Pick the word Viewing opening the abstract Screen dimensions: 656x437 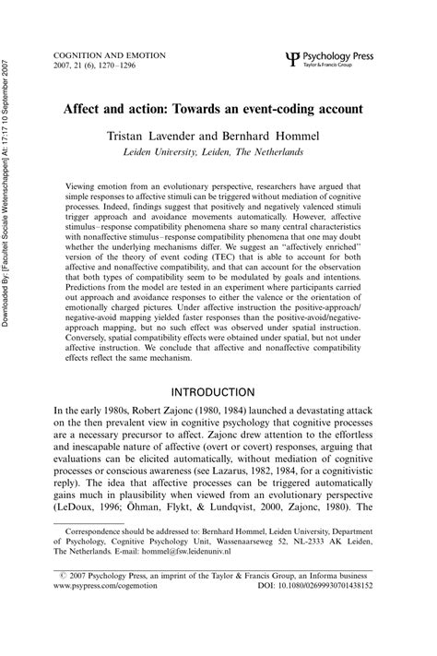coord(84,185)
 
